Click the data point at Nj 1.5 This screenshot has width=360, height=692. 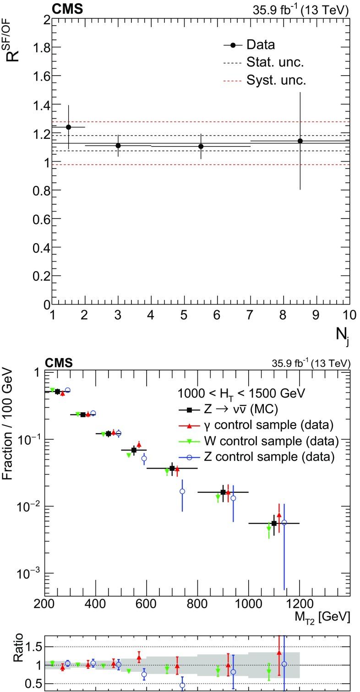(69, 127)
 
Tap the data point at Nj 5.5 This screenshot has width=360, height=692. (201, 146)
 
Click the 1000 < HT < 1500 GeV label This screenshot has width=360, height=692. (241, 393)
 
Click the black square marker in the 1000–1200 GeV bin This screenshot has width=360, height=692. (274, 523)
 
